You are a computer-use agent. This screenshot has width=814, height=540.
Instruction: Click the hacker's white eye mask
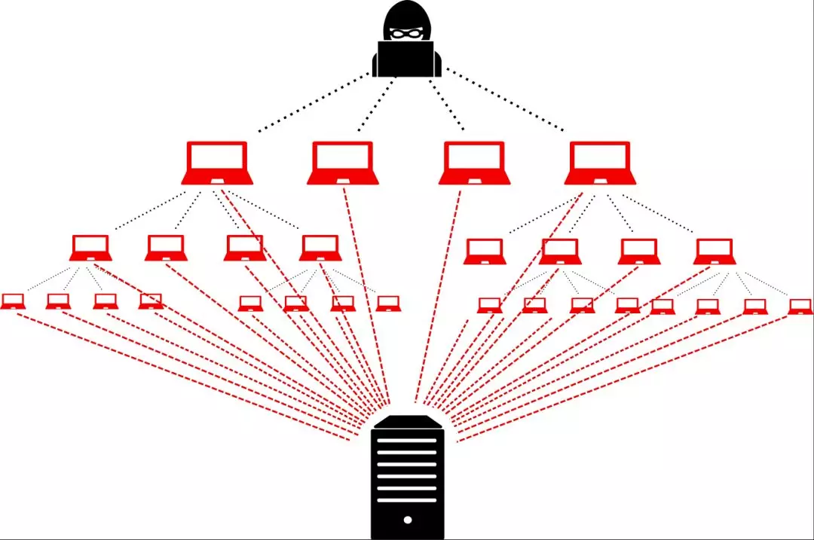(407, 33)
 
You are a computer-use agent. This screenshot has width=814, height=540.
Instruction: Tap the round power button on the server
(408, 520)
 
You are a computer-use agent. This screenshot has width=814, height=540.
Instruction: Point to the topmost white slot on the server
(407, 440)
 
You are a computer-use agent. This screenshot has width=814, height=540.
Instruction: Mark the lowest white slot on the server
(407, 499)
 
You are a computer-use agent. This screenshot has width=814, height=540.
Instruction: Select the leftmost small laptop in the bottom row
(13, 301)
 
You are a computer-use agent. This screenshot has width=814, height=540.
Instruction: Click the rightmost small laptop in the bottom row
(800, 306)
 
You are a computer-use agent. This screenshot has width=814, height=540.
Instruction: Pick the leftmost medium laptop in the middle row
(91, 248)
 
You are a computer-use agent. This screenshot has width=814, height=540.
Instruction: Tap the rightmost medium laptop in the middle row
(715, 251)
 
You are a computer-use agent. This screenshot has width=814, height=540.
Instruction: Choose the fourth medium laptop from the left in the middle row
(320, 248)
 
